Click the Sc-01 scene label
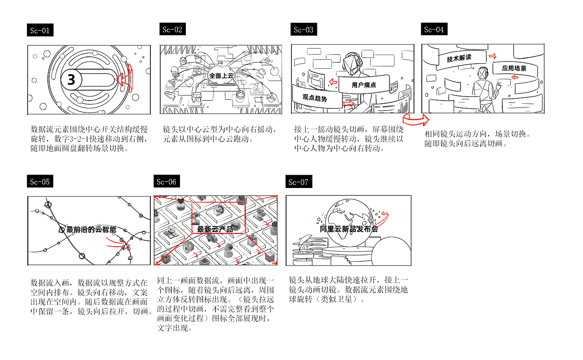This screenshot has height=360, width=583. point(40,31)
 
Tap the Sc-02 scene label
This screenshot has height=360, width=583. point(172,30)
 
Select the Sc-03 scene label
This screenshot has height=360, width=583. point(303,30)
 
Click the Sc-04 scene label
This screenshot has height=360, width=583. point(434,30)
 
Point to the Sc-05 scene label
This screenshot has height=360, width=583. point(40,182)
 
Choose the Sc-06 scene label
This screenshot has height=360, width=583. point(166,182)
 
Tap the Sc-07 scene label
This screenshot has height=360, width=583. point(298,183)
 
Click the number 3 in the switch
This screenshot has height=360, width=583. point(71,80)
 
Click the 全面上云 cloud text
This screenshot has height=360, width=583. point(221,76)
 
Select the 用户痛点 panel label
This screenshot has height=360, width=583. point(363,85)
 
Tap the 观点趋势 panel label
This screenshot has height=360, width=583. point(315,97)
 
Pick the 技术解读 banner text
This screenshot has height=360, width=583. point(459,59)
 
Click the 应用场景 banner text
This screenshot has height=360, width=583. point(514,68)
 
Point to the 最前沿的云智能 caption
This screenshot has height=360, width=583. point(92,229)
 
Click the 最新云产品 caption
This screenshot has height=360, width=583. point(215,229)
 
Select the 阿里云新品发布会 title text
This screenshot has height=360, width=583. point(349,229)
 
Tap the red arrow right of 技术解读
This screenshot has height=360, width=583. point(492,56)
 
